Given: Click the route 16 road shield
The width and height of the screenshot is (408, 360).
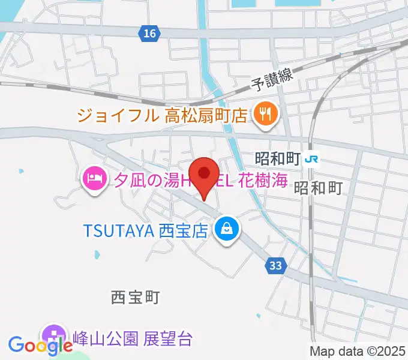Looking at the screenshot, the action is (150, 34).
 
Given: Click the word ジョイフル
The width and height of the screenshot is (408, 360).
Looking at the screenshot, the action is (118, 114).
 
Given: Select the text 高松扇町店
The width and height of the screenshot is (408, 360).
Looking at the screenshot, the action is (205, 114).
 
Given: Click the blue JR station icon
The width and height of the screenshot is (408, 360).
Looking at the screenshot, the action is (311, 159).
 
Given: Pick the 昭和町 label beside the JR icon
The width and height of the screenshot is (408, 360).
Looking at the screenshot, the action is (277, 159).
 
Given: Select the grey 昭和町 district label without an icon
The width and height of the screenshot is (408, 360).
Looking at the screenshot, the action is (317, 188).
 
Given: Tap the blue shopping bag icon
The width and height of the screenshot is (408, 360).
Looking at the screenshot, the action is (228, 229).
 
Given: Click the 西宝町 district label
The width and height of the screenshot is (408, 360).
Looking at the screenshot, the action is (135, 296).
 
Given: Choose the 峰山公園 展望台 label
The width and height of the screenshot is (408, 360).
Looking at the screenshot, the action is (132, 338).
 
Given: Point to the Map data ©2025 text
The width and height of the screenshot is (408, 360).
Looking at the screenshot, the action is (356, 351).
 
